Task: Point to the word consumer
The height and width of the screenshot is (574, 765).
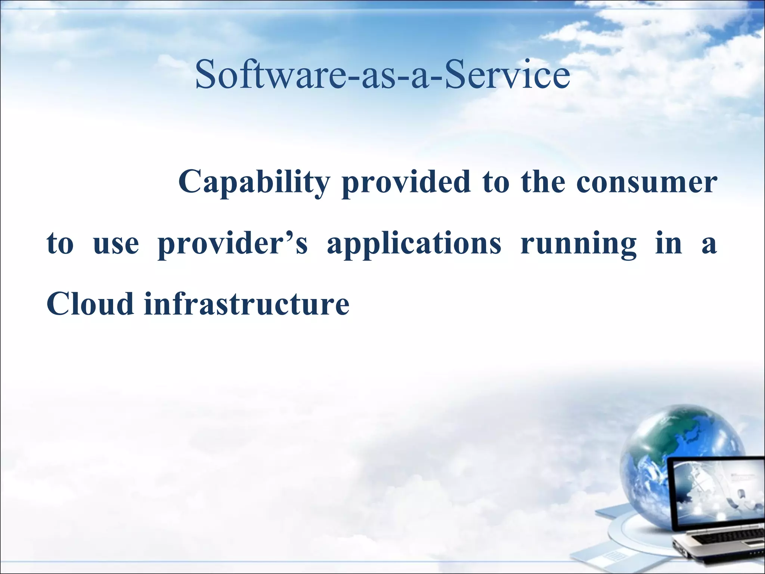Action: click(x=646, y=182)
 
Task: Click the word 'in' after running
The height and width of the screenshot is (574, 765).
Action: click(x=669, y=244)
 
